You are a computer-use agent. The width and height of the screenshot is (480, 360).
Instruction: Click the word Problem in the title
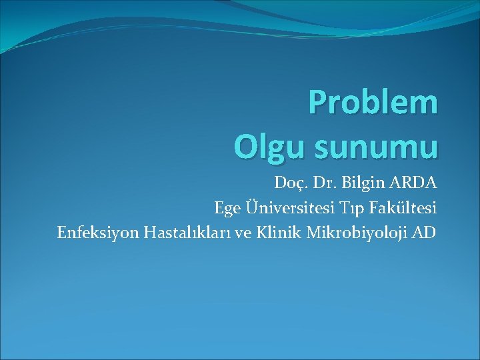[x=373, y=103]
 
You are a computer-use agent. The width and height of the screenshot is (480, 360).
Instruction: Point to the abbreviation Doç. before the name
[x=290, y=183]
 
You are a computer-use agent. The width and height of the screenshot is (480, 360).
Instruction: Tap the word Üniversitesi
[x=281, y=208]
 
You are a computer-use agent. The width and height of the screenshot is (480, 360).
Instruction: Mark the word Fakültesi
[x=399, y=208]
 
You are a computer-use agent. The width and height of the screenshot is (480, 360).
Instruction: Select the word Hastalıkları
[x=176, y=233]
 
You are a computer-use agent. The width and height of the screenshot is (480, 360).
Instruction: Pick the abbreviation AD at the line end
[x=426, y=233]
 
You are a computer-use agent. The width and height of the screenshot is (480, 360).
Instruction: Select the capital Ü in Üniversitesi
[x=247, y=208]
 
